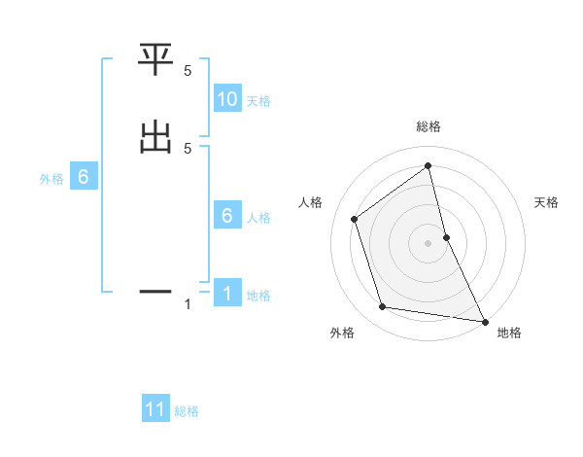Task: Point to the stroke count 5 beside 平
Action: point(188,71)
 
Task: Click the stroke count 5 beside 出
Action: point(188,148)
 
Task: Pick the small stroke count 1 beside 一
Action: point(188,304)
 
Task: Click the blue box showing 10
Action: point(227,99)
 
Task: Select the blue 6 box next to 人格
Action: point(227,217)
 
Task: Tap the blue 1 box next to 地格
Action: point(227,295)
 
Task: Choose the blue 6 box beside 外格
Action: point(84,178)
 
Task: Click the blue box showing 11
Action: point(155,409)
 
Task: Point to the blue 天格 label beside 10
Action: point(258,100)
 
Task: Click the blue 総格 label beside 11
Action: point(187,411)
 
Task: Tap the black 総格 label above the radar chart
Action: point(429,126)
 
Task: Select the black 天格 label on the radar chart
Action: point(547,202)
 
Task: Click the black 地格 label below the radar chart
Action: point(509,333)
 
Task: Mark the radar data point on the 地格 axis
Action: point(483,320)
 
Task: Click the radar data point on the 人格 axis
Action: point(354,219)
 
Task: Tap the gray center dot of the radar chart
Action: point(429,242)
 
